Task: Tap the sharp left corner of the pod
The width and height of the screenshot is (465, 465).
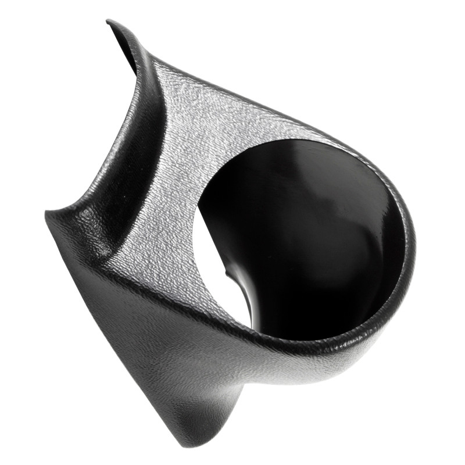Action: [47, 213]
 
